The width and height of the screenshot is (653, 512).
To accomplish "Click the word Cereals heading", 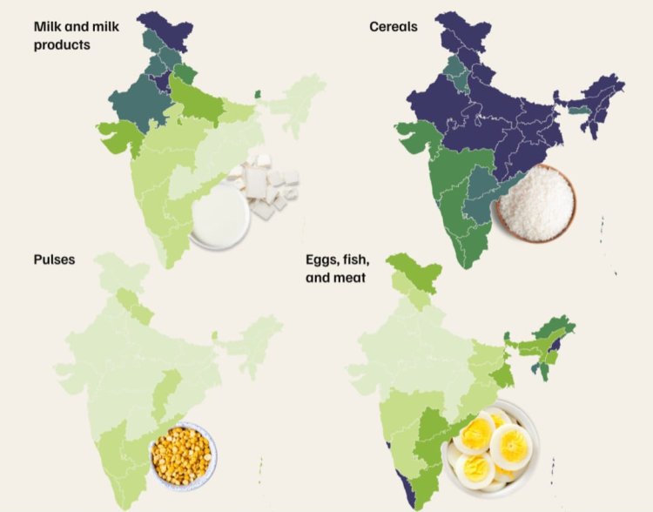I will pos(393,27).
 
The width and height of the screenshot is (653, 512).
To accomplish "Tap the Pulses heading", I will pos(54,259).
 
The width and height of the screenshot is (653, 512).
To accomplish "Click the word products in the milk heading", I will pos(61,44).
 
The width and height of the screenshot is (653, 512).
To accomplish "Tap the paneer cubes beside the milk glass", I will pos(266,184).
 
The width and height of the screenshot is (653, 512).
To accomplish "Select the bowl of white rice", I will pos(535,204).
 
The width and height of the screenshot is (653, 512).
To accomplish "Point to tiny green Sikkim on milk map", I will pos(258,94).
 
